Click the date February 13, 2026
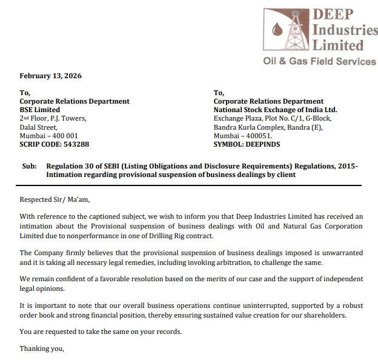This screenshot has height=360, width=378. click(50, 76)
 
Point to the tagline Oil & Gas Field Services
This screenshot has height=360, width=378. click(319, 61)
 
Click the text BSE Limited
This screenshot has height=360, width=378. click(39, 110)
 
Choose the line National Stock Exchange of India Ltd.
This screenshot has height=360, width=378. click(275, 110)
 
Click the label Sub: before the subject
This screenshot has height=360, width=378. click(28, 165)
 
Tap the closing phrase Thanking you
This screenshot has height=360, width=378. click(41, 348)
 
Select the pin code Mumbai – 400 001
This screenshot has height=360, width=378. click(48, 136)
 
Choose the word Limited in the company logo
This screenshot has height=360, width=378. click(337, 45)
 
